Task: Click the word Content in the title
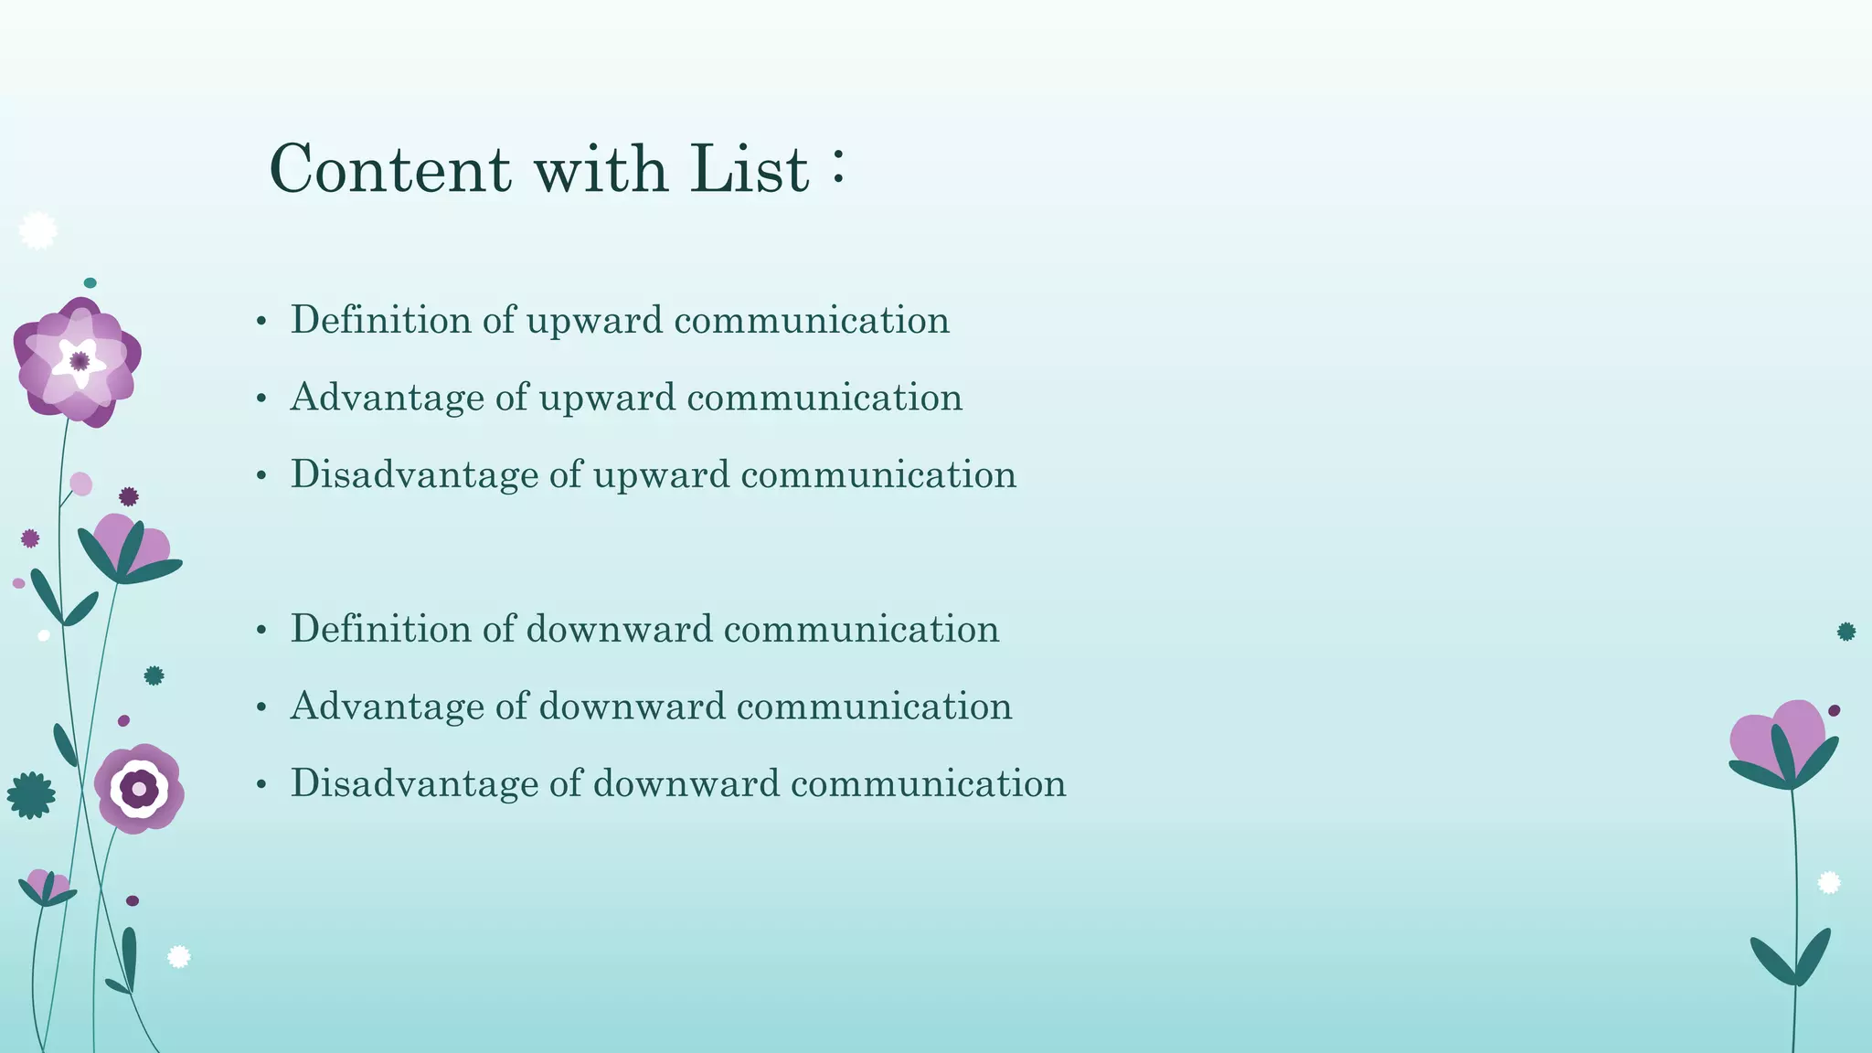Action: (390, 169)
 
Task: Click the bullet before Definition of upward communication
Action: (261, 322)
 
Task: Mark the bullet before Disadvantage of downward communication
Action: (261, 785)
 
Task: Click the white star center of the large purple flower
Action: (80, 361)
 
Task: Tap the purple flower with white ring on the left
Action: (139, 788)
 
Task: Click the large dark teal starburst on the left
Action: (31, 795)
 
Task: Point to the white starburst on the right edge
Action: (1828, 882)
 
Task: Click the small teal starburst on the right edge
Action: (1846, 632)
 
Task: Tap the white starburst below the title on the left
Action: (37, 230)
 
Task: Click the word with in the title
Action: (601, 169)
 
